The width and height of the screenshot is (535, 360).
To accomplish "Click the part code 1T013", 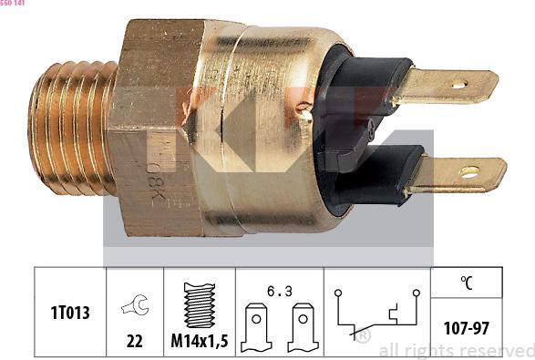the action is point(70,313).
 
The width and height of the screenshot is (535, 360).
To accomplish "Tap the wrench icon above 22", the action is point(135,304).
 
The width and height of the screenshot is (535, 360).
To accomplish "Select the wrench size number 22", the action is point(134,341).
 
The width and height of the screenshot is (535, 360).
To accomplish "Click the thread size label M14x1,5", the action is point(200,341).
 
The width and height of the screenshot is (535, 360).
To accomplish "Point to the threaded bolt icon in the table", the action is point(200,305).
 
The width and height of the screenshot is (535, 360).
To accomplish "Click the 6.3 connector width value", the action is point(280,292).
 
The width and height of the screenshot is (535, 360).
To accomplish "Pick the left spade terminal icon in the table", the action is point(256,327).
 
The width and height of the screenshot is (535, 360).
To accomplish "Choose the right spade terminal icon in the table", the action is point(303,327).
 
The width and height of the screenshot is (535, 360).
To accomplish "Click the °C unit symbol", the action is point(467,283).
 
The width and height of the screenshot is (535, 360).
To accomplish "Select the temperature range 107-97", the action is point(467,328).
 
